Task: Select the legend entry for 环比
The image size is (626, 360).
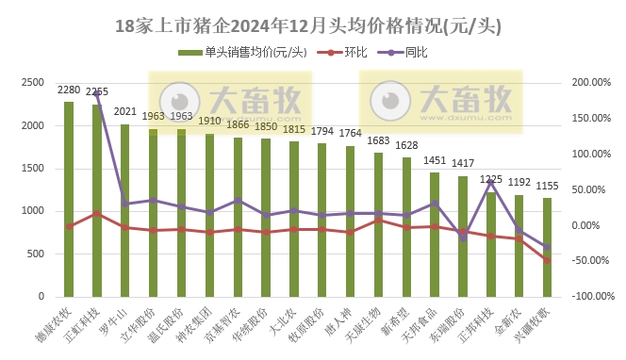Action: [352, 52]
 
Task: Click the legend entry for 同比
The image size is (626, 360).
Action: [416, 52]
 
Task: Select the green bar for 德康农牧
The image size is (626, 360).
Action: [69, 198]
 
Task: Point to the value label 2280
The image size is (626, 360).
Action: [69, 90]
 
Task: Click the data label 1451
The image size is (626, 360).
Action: [435, 160]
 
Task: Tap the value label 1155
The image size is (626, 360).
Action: [547, 187]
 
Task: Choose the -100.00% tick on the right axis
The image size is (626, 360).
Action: [592, 296]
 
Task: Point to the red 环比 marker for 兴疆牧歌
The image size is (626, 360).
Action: [547, 260]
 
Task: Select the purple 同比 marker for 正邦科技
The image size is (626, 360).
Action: [490, 183]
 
